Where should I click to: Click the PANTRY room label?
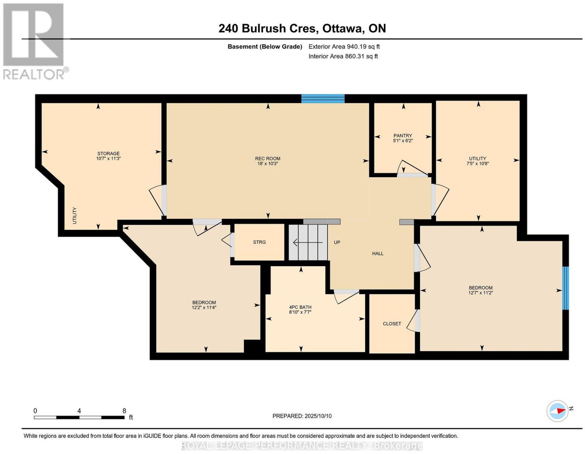[403, 136]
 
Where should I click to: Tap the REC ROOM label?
[268, 159]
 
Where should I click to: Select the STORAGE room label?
[108, 153]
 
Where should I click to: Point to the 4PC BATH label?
[300, 307]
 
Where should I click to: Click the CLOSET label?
[392, 324]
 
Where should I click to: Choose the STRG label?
[259, 242]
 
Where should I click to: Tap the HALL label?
[378, 253]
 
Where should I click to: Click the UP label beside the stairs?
[337, 242]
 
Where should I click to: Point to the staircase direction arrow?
[308, 243]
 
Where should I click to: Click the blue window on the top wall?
[323, 98]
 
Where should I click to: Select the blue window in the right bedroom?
[566, 288]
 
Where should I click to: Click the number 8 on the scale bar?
[124, 411]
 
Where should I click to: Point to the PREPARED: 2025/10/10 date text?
[302, 416]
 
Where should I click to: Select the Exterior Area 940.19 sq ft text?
[344, 46]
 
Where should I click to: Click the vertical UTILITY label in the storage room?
[75, 215]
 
